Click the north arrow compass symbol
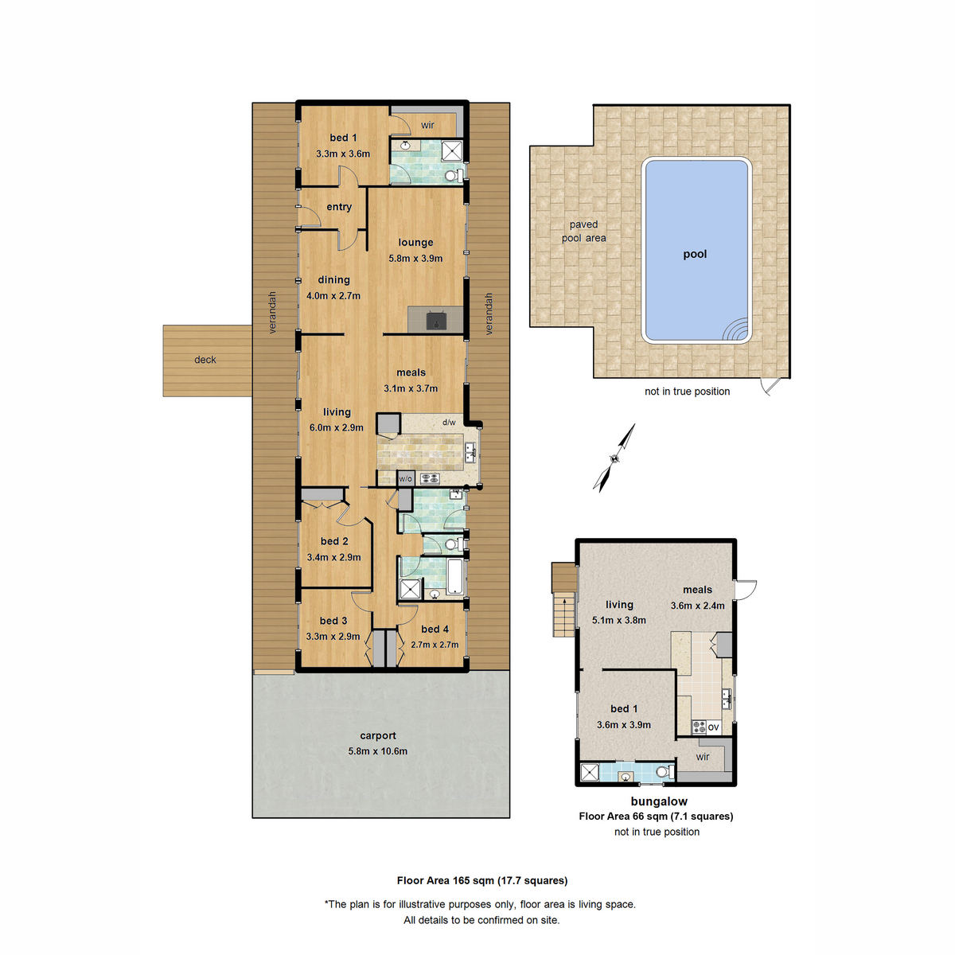point(615,458)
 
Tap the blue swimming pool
point(695,239)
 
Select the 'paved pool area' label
point(583,232)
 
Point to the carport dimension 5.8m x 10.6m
point(377,751)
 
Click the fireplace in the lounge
point(435,320)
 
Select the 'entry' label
point(339,207)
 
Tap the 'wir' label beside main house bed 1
point(427,125)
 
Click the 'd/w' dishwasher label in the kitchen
point(449,423)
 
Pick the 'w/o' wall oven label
point(405,479)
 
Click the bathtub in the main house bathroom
point(454,577)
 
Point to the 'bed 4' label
point(435,629)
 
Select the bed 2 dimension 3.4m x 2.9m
point(333,557)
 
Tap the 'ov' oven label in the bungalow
point(713,727)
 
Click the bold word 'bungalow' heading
point(659,801)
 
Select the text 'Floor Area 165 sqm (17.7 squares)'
point(482,880)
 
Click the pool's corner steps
point(737,329)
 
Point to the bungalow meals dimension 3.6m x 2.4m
point(697,606)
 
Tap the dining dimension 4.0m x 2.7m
point(333,295)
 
